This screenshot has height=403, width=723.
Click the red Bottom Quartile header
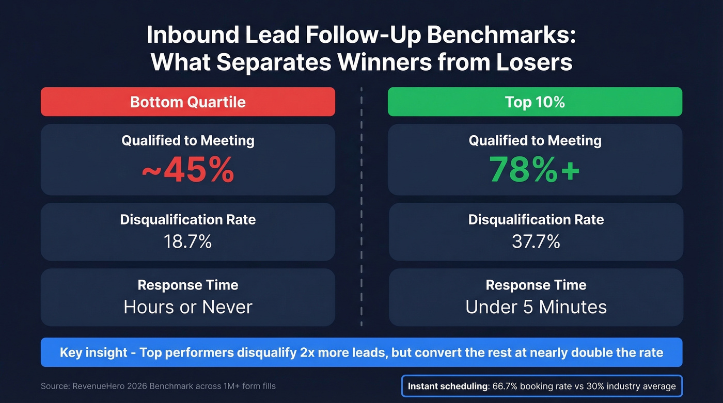click(x=187, y=102)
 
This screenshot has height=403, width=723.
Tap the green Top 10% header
click(x=535, y=102)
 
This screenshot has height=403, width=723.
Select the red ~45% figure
click(x=187, y=170)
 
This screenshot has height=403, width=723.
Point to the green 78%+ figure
click(x=535, y=169)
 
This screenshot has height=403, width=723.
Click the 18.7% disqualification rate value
click(x=187, y=241)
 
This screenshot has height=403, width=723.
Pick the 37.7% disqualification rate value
click(x=536, y=241)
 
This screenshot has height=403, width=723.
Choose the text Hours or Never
click(x=187, y=307)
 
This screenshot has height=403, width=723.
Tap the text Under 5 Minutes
click(x=536, y=307)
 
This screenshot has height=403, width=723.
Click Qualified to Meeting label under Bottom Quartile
click(x=187, y=140)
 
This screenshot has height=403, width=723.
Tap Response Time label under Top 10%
click(x=536, y=285)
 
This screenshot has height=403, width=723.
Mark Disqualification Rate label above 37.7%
click(x=536, y=219)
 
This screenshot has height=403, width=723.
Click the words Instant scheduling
click(x=447, y=386)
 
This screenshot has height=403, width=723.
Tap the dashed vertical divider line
click(x=361, y=206)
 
